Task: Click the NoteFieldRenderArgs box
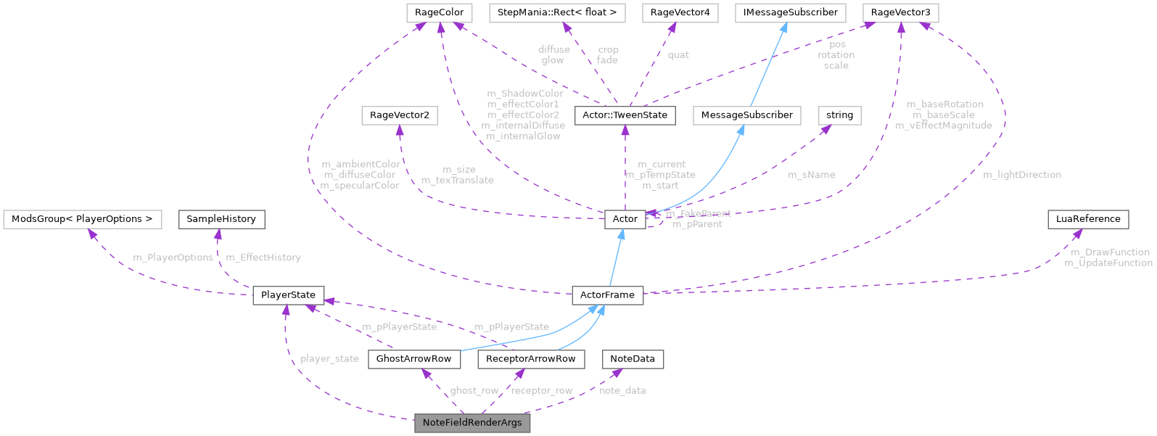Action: coord(472,423)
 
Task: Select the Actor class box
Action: coord(625,219)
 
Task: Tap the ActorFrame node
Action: coord(607,295)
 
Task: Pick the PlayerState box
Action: coord(288,295)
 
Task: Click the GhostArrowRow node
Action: coord(413,359)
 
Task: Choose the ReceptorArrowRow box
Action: coord(530,359)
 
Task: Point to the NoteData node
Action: coord(632,359)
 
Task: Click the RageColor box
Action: coord(440,12)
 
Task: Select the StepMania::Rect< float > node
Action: coord(557,12)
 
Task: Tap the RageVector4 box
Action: coord(680,12)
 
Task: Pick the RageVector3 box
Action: coord(900,12)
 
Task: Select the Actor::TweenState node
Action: coord(625,115)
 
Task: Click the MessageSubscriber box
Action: coord(746,115)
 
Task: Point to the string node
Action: coord(839,115)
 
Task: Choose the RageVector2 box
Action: coord(399,115)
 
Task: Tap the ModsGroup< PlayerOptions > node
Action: coord(82,219)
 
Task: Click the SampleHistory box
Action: coord(221,219)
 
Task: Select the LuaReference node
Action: coord(1087,219)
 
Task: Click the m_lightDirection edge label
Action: coord(1021,175)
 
